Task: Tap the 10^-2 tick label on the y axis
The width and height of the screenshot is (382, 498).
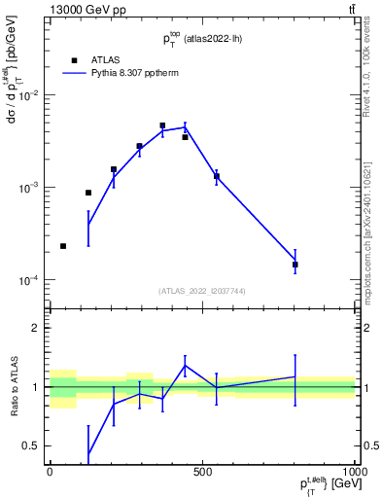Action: point(32,95)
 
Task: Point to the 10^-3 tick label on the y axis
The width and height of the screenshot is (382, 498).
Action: point(32,187)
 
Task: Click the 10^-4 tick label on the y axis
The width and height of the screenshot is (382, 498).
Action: point(32,279)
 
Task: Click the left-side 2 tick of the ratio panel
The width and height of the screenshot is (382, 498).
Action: point(38,328)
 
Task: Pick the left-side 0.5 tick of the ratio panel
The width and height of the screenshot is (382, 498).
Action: point(34,445)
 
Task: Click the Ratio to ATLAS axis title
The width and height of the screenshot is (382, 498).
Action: point(13,387)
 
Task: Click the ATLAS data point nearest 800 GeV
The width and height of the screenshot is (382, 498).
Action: point(295,265)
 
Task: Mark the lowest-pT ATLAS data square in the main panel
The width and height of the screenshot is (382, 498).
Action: point(63,246)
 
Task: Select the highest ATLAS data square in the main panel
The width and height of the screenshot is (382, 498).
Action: point(162,125)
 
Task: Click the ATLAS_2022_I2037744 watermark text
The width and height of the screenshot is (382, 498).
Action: point(202,291)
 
